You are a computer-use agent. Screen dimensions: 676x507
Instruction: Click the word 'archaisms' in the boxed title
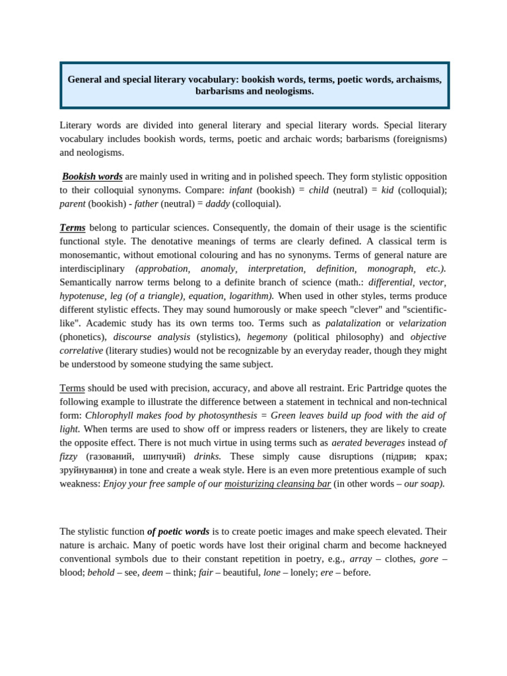coord(419,79)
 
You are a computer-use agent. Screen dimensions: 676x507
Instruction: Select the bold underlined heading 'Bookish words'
coord(92,176)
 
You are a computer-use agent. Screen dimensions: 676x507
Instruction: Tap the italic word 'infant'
coord(240,190)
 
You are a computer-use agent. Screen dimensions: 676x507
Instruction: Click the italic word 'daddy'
coord(217,204)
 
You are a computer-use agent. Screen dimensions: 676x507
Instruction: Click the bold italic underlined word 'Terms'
coord(73,228)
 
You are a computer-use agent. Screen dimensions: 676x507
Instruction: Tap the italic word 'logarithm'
coord(250,296)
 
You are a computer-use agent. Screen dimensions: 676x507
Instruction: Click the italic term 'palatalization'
coord(353,323)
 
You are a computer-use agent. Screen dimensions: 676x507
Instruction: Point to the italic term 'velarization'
coord(422,323)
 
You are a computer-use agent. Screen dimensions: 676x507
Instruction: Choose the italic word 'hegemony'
coord(267,337)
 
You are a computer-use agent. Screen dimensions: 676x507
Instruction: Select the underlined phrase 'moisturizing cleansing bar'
coord(277,484)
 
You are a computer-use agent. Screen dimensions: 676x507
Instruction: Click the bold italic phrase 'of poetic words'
coord(178,531)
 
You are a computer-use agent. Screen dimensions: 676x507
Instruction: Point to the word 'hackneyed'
coord(422,545)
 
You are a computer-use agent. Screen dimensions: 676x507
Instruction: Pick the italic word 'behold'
coord(100,572)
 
